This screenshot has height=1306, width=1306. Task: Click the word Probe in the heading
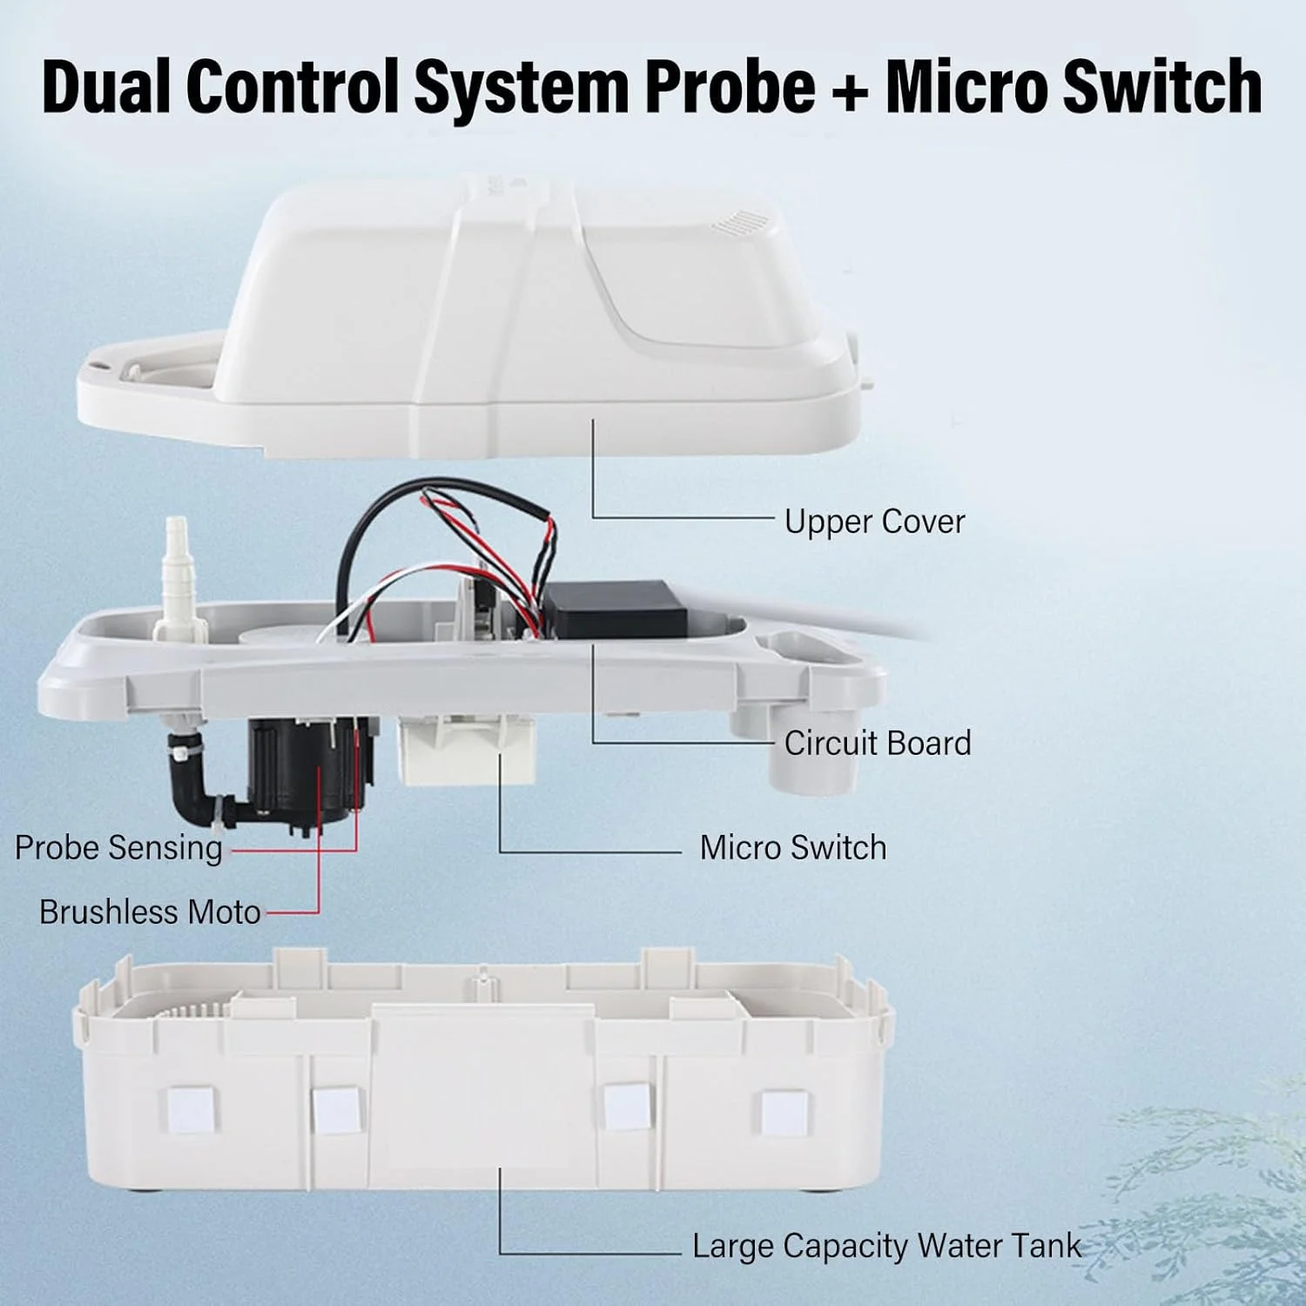(x=730, y=87)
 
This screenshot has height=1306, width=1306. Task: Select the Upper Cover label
(x=874, y=522)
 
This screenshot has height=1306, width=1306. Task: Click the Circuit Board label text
(x=877, y=743)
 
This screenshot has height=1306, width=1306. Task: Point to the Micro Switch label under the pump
(x=793, y=847)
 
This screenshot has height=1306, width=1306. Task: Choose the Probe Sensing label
(x=118, y=848)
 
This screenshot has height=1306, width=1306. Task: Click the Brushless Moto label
(x=150, y=912)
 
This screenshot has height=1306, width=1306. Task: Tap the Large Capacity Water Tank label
(x=886, y=1246)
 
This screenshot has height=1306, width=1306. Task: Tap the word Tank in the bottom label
(x=1040, y=1246)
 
